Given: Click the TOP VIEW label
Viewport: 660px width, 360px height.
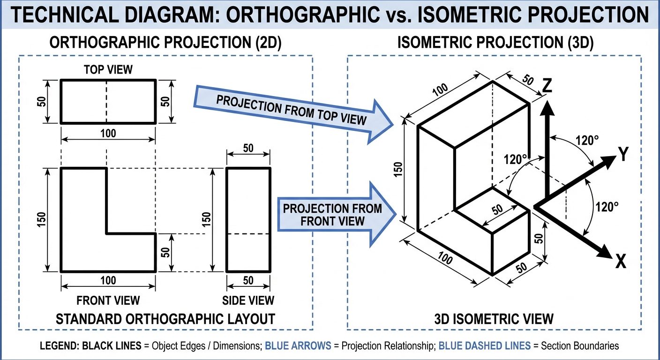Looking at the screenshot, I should [x=108, y=70].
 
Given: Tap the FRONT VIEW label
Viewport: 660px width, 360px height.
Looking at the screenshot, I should [x=108, y=300].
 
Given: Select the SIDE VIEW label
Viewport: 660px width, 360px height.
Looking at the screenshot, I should [x=248, y=300].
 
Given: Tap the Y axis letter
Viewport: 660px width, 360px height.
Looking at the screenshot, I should [x=622, y=154].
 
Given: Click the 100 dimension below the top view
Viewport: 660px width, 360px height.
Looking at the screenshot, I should [x=108, y=133].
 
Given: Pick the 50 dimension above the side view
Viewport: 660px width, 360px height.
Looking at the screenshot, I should [x=248, y=148].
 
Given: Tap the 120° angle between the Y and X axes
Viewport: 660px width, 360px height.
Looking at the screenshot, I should [x=607, y=207].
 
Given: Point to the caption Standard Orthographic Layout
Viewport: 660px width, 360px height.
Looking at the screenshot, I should [x=165, y=319].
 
